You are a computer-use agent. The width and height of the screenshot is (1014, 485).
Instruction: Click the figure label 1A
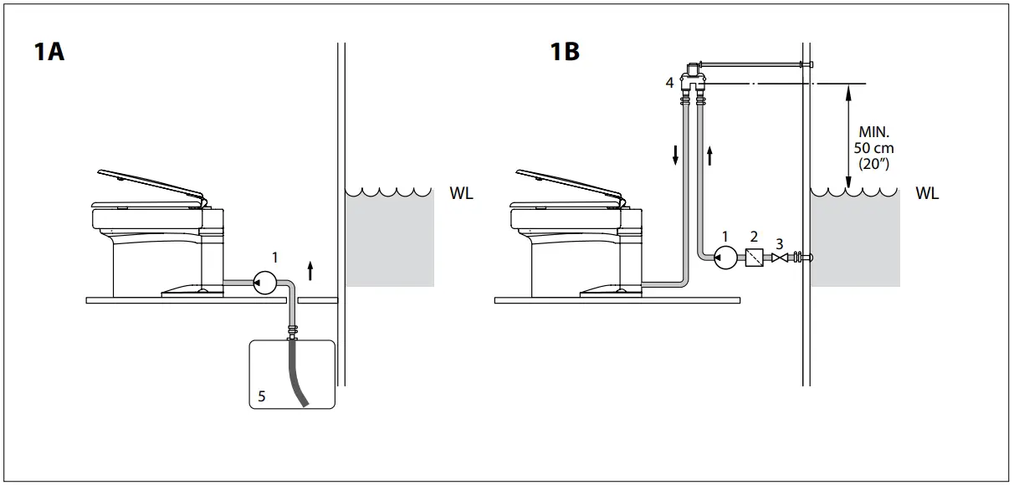pyautogui.click(x=49, y=52)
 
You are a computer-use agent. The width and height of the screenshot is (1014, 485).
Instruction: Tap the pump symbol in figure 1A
pyautogui.click(x=266, y=282)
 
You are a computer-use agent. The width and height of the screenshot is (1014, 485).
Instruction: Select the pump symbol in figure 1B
pyautogui.click(x=724, y=258)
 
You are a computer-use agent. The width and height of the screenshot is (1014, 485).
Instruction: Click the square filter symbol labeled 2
pyautogui.click(x=755, y=258)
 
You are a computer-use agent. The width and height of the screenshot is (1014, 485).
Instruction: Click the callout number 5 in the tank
pyautogui.click(x=262, y=397)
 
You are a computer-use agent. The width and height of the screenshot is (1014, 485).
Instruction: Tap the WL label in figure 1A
pyautogui.click(x=461, y=194)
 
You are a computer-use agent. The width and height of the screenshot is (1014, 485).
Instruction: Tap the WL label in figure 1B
pyautogui.click(x=926, y=194)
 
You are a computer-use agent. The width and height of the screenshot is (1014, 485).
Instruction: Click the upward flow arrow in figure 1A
pyautogui.click(x=311, y=269)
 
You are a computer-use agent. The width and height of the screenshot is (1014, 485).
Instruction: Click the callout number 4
pyautogui.click(x=670, y=83)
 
